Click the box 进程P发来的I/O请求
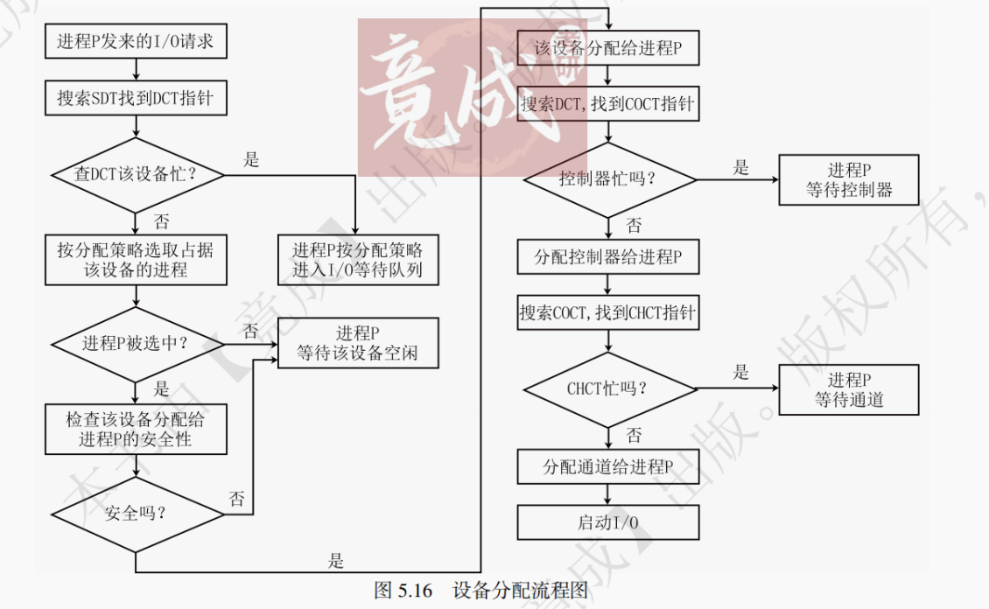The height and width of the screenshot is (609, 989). pos(136,40)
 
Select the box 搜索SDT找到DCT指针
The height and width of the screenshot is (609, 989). pos(136,98)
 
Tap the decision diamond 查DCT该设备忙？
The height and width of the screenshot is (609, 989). pos(136,175)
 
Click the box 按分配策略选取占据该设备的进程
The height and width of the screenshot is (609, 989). pos(136,259)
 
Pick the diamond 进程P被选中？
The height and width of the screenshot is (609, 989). pos(136,343)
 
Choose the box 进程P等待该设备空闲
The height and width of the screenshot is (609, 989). pos(357,343)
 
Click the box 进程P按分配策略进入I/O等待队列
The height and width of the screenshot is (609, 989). pos(357,259)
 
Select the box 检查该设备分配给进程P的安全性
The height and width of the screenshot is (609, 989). pos(136,428)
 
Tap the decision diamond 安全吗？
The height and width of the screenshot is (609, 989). pos(136,513)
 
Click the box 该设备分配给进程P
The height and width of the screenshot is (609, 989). pos(608,48)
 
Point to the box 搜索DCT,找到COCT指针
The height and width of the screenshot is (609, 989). pos(608,104)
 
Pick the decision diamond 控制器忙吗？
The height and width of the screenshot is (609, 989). pos(608,179)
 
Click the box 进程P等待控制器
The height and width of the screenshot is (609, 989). pos(849,179)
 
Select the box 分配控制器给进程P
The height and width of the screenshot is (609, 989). pos(608,257)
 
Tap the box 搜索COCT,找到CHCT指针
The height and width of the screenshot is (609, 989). pos(608,312)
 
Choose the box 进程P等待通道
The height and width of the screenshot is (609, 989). pos(849,389)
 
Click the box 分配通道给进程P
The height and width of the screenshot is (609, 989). pos(608,467)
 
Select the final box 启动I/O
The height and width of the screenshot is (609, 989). pos(608,522)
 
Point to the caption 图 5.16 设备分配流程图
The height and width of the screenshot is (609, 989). pos(480,590)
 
